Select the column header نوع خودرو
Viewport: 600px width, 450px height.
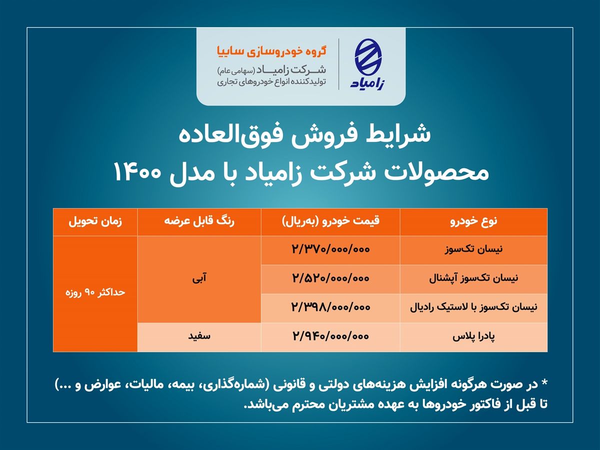tap(473, 221)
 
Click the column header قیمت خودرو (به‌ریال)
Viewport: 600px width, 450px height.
tap(330, 221)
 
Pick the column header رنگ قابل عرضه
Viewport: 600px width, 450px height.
tap(199, 221)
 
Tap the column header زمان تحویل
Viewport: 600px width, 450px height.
tap(95, 221)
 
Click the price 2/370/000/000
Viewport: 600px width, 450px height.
tap(330, 250)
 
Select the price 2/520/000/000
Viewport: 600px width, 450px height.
tap(330, 279)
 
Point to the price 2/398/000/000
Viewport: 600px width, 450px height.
tap(330, 308)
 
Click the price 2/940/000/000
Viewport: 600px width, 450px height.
tap(330, 337)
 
